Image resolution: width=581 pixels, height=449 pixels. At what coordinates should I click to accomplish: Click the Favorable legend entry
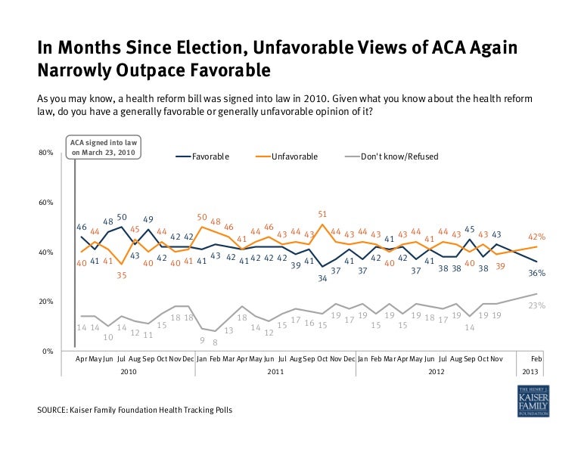coord(210,156)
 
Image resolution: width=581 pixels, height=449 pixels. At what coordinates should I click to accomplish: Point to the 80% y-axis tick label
coord(45,153)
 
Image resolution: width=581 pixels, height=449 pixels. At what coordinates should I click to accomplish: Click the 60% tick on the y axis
coord(45,203)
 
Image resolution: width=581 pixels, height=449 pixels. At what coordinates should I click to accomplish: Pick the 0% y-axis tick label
coord(47,351)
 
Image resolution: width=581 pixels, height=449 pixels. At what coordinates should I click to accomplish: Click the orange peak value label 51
coord(323,215)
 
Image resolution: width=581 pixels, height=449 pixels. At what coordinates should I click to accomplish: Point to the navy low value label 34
coord(322,278)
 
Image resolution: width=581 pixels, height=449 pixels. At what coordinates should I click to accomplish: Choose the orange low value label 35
coord(121,276)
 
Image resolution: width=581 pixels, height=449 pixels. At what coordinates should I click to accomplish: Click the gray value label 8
coord(215,342)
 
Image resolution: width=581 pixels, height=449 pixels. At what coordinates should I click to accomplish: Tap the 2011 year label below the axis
coord(275,372)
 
